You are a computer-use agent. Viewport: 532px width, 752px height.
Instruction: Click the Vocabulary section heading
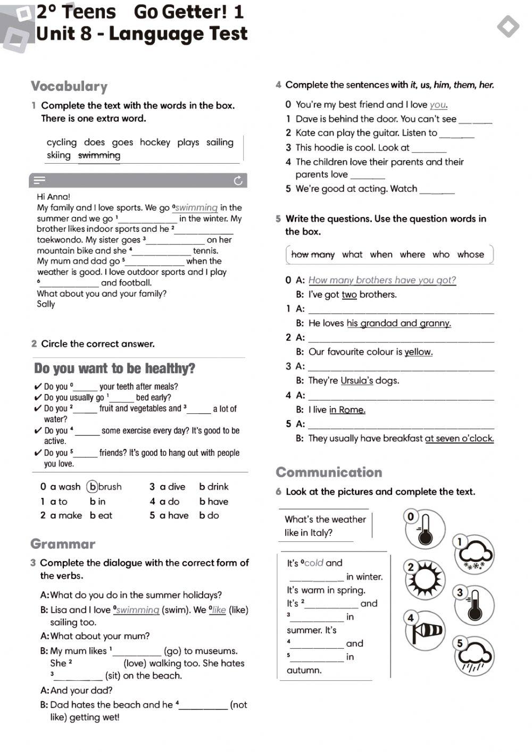click(69, 86)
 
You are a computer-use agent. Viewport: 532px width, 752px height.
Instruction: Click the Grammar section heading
click(63, 544)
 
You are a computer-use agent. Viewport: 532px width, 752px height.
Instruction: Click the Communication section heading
click(329, 472)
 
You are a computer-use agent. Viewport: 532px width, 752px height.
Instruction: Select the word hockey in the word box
click(155, 142)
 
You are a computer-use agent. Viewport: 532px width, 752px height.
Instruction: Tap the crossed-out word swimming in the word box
click(99, 155)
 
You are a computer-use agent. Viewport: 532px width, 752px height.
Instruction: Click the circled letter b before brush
click(93, 487)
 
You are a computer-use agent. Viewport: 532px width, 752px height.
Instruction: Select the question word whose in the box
click(470, 254)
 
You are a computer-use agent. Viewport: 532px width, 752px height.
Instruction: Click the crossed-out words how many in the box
click(313, 254)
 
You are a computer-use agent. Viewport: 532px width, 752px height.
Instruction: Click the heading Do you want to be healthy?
click(114, 369)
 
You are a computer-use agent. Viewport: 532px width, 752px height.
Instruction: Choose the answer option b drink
click(213, 487)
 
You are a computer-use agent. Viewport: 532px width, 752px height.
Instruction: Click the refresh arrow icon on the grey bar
click(238, 181)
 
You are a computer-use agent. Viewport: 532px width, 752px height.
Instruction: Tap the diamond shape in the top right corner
click(508, 26)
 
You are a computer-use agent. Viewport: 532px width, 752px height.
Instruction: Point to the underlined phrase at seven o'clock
click(459, 439)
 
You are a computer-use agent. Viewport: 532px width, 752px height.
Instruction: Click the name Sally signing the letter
click(46, 304)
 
